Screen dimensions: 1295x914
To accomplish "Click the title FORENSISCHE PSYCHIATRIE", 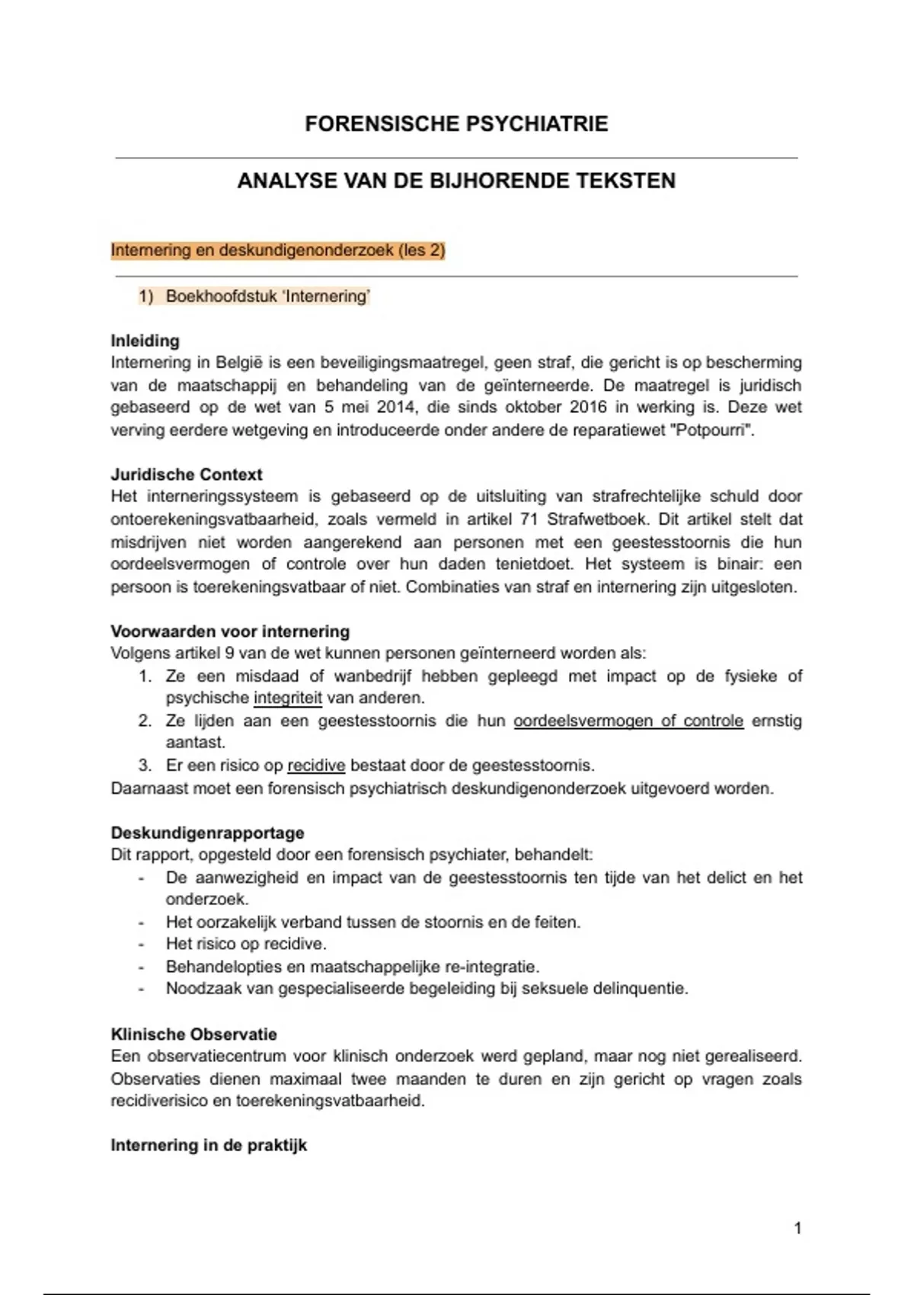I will point(456,124).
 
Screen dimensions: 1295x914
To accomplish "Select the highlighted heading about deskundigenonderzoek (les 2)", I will point(278,250).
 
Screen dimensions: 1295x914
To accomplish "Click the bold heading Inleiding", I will point(145,341).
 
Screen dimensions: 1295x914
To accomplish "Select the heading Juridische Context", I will point(187,475).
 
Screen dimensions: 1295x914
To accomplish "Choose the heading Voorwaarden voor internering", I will point(230,632).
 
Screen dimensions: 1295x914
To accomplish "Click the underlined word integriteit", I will point(287,698).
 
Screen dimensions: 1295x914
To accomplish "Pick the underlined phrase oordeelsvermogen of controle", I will point(628,721).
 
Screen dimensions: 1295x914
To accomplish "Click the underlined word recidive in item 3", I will point(316,766).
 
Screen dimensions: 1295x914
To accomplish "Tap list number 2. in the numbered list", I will point(145,721).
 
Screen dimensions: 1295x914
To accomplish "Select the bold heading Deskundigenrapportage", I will point(207,833).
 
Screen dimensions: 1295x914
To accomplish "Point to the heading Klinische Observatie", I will point(193,1034).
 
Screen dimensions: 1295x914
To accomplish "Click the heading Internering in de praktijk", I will point(209,1146).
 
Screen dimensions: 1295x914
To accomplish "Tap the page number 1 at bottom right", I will point(797,1228).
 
